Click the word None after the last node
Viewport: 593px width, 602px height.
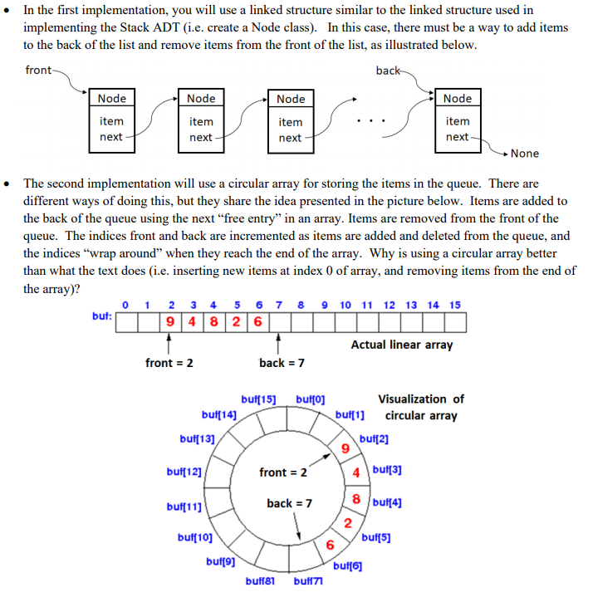click(x=524, y=154)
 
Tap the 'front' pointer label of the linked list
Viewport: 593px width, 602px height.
click(x=38, y=70)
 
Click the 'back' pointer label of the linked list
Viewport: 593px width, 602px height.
click(x=388, y=71)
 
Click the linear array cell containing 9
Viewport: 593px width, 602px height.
click(x=169, y=321)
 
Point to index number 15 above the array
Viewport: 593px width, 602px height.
click(x=454, y=305)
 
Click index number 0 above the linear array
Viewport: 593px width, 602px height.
click(x=125, y=305)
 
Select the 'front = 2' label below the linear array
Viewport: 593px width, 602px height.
click(x=169, y=363)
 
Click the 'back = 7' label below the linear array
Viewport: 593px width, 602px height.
click(x=282, y=363)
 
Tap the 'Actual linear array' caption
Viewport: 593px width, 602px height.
click(x=402, y=344)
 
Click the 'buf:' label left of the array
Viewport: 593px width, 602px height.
click(x=102, y=316)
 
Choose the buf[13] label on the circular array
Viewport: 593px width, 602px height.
click(x=197, y=438)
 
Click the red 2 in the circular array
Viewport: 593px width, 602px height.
click(x=348, y=522)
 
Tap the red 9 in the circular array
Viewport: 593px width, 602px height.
click(x=345, y=449)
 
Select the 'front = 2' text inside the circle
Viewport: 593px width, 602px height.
click(x=282, y=472)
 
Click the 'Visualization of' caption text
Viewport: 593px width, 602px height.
click(x=421, y=399)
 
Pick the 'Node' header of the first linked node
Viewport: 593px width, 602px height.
click(x=112, y=99)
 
